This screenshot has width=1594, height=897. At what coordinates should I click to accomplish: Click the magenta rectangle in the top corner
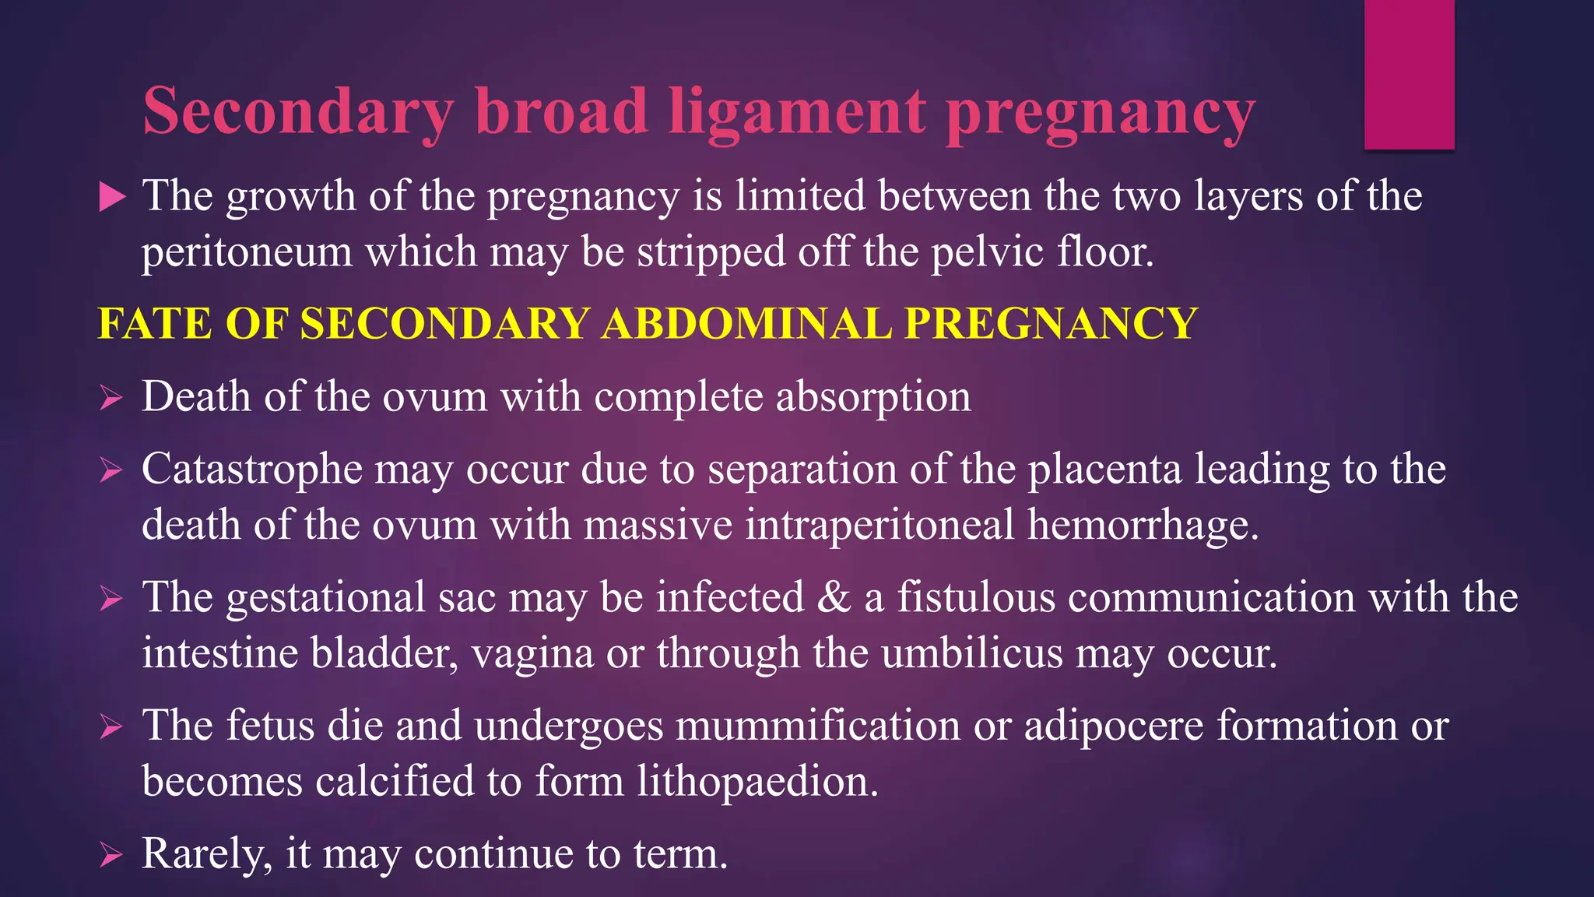(x=1409, y=75)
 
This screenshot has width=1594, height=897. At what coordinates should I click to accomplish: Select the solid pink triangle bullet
(x=112, y=197)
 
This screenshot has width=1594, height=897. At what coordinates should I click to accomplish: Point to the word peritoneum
(x=247, y=253)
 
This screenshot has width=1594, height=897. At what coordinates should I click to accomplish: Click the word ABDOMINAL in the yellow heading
(x=746, y=323)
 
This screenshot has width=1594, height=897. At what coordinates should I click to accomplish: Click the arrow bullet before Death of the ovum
(x=111, y=399)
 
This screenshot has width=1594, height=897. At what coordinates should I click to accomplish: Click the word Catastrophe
(x=252, y=470)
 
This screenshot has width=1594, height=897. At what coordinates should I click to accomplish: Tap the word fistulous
(x=976, y=598)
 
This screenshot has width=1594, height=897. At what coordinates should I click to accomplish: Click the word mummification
(x=818, y=726)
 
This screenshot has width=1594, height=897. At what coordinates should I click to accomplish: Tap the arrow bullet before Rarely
(x=111, y=856)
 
